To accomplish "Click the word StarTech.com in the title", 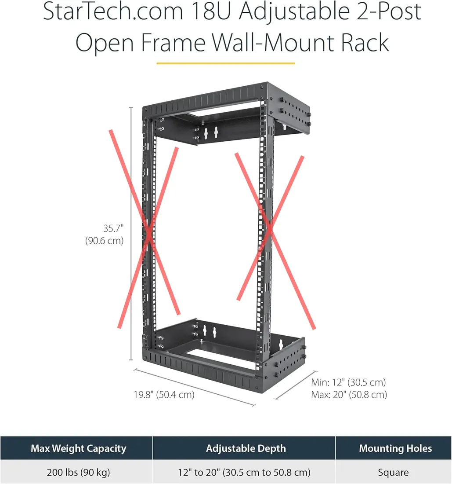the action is tap(113, 11).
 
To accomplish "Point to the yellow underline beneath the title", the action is tap(225, 63).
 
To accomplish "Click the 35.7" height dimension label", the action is tap(113, 228).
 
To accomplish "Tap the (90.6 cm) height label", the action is tap(105, 240).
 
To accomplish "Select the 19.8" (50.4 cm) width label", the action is tap(164, 395).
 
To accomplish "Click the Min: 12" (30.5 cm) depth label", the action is tap(348, 382).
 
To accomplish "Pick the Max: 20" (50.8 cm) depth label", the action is tap(349, 395).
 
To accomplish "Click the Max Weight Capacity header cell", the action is tap(76, 448).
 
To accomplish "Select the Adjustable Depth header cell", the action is tap(244, 448).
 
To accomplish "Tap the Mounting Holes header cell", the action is tap(394, 448).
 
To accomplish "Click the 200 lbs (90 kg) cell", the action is tap(76, 472).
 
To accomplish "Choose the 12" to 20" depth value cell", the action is tap(244, 472).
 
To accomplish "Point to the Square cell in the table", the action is tap(394, 472).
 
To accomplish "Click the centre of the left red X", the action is tap(149, 234).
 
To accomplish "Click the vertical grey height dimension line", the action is tap(131, 233).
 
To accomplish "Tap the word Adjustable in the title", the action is tap(295, 11).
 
